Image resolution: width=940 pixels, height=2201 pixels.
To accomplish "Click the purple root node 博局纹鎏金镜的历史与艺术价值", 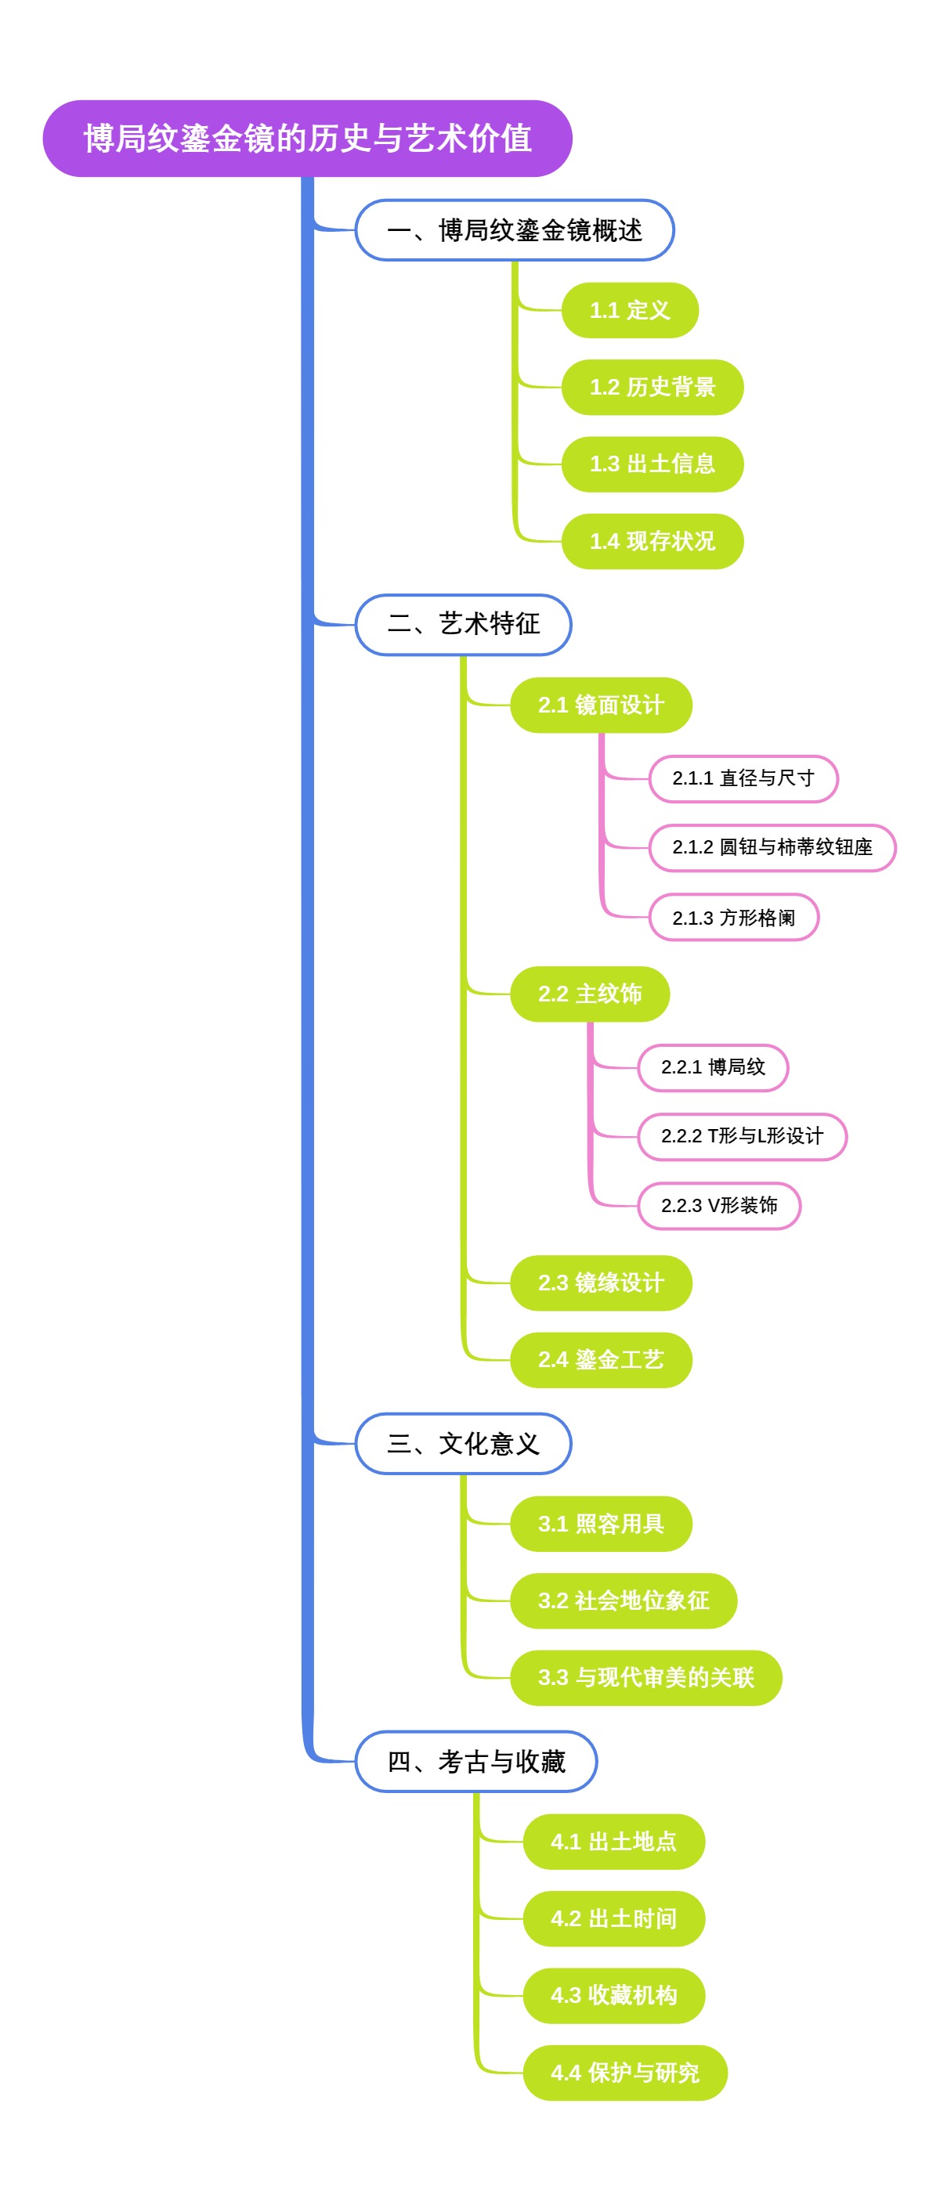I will (307, 139).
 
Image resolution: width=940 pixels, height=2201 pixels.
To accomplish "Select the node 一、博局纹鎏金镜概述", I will (514, 230).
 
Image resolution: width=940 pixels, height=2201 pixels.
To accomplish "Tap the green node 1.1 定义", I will (629, 310).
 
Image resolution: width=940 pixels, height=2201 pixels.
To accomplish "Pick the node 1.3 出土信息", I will (651, 464).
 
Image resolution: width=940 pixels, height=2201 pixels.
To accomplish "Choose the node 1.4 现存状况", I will (651, 541).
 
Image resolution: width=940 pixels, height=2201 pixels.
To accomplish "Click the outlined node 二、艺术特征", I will (462, 625).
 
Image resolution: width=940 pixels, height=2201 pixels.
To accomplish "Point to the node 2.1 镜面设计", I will (600, 705).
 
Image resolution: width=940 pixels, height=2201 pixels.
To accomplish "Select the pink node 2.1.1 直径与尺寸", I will (743, 778).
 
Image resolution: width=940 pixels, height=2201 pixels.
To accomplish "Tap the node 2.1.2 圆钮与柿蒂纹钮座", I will (771, 847).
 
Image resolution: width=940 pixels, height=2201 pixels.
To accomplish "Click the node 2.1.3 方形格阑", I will (733, 918).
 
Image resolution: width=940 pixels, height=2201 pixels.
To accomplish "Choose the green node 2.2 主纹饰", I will (589, 994).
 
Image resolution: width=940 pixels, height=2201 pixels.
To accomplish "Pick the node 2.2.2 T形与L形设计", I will (741, 1136).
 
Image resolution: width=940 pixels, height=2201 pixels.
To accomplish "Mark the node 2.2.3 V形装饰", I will (718, 1206).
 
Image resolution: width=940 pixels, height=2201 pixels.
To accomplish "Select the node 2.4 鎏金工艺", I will (600, 1359).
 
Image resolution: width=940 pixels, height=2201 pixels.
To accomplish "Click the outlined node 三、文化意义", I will (462, 1443).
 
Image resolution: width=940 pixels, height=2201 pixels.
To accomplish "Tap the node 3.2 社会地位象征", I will (622, 1600).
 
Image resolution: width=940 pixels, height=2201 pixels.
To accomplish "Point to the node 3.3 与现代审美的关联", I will (645, 1677).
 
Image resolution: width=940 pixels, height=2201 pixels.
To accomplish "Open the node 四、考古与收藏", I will (475, 1761).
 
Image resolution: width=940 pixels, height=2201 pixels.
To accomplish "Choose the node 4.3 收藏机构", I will (613, 1995).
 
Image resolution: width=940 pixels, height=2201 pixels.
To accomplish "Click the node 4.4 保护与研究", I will (624, 2072).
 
